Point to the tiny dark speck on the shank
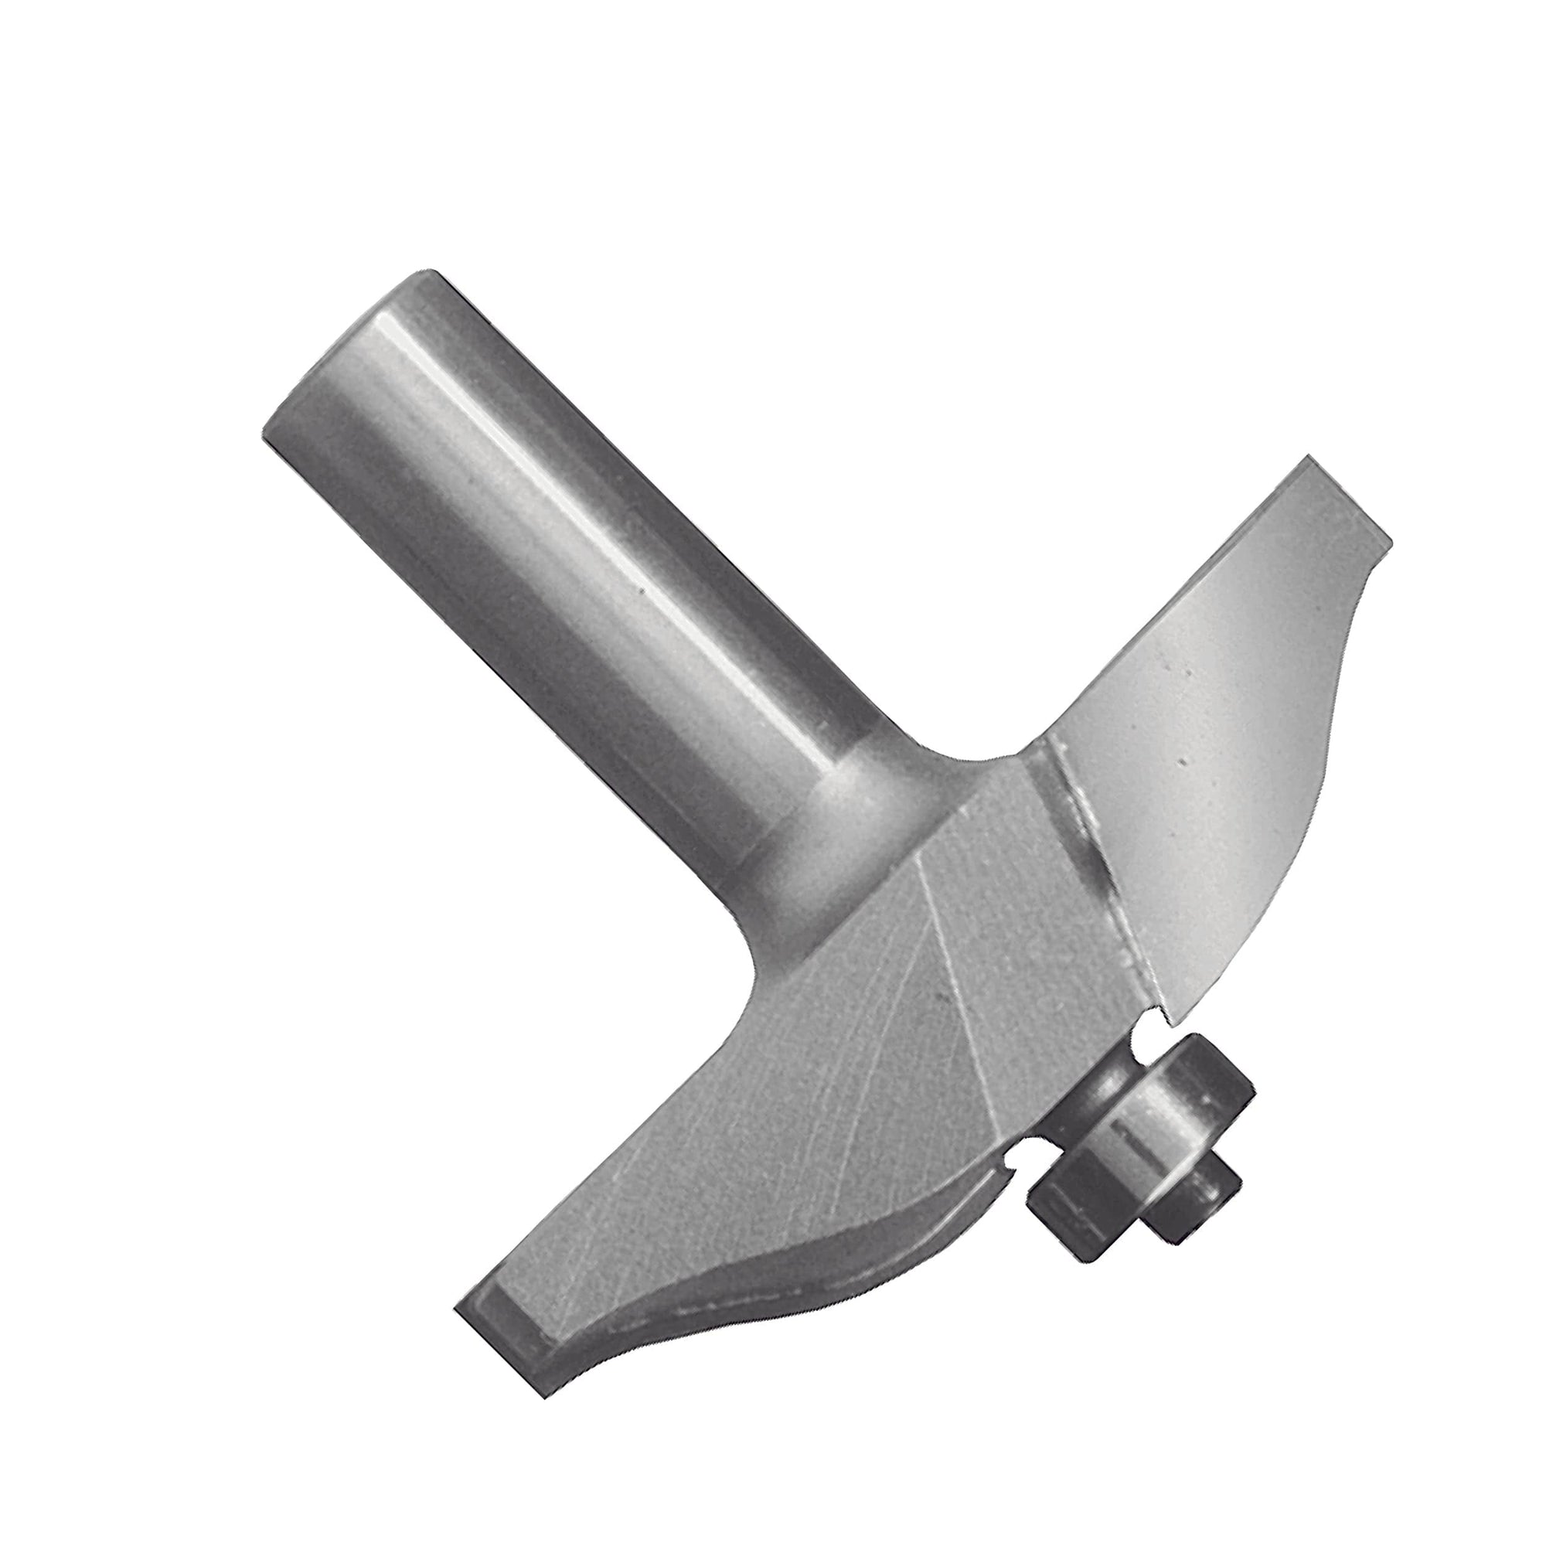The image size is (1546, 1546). pyautogui.click(x=640, y=592)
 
